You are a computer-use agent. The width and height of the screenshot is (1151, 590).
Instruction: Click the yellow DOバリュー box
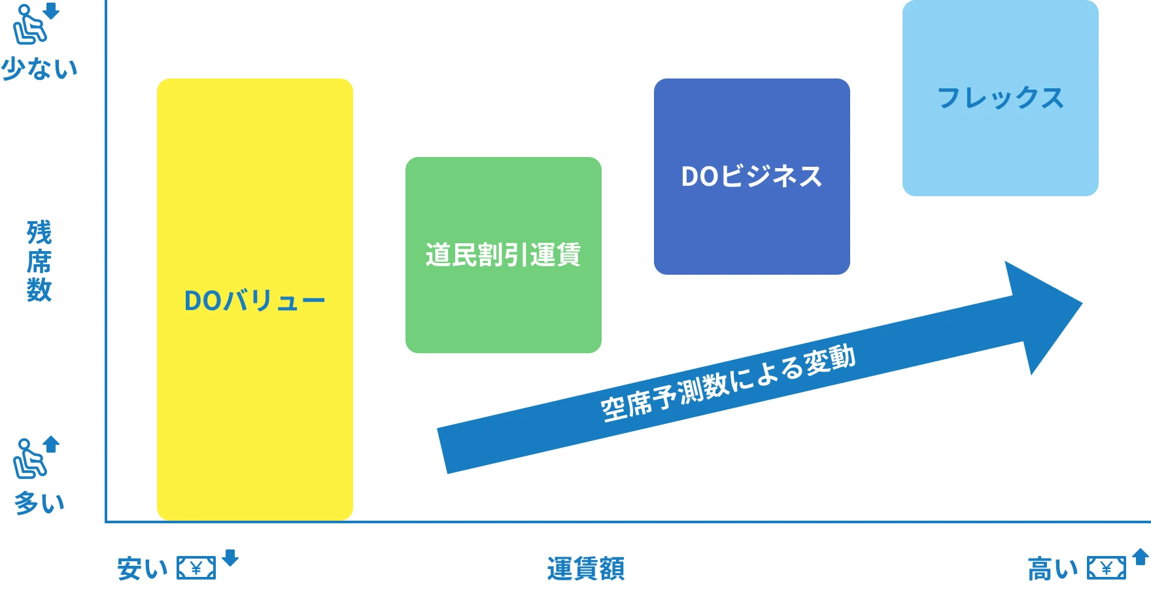255,300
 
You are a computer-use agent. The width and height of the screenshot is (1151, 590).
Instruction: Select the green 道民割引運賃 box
504,255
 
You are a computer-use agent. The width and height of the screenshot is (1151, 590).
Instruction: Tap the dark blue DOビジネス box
752,177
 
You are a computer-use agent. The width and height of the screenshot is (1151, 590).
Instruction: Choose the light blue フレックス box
1001,98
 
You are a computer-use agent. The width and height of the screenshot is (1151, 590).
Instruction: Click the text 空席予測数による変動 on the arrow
728,383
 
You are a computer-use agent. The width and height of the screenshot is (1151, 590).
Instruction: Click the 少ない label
39,68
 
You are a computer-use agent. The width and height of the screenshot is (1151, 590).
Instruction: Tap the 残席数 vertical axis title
39,261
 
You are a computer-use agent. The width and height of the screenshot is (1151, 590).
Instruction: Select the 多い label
39,502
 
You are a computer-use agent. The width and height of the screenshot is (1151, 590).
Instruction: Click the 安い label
143,568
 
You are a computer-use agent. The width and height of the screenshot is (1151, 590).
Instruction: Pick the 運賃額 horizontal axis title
586,568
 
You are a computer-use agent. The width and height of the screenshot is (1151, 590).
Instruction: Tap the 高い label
1053,568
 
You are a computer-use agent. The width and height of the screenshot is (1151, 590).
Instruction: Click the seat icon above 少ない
29,25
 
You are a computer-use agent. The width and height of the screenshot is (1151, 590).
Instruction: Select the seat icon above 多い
29,459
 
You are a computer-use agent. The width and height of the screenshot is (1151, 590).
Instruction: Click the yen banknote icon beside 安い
196,568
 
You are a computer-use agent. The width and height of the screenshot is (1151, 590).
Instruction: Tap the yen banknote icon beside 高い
1107,568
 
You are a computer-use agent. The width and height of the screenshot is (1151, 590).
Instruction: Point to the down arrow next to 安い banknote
230,557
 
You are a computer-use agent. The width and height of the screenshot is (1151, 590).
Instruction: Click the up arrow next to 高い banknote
1141,557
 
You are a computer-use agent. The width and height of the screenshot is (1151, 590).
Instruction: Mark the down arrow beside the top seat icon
52,10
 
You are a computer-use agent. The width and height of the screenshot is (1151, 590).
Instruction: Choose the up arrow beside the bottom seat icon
52,444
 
